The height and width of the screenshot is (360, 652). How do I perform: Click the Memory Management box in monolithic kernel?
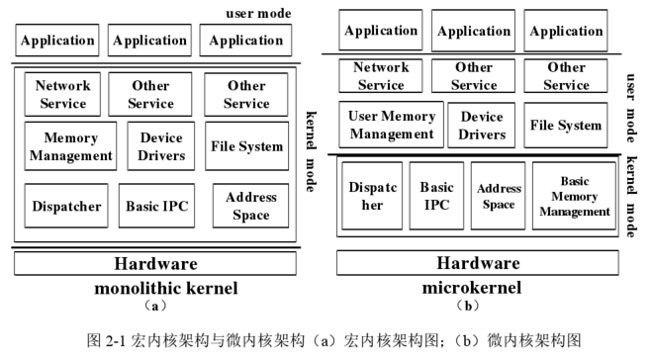click(x=70, y=146)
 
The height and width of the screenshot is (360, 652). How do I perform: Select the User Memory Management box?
click(x=391, y=125)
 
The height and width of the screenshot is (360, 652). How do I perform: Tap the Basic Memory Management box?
click(x=574, y=196)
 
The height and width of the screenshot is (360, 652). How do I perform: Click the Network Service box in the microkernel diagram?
click(x=381, y=76)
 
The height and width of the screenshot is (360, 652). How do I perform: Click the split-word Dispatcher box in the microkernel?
click(x=372, y=196)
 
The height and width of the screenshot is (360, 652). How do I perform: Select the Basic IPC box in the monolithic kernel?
click(x=157, y=207)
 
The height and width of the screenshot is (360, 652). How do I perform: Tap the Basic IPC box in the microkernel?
click(x=436, y=196)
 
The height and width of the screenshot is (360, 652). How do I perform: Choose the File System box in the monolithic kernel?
click(x=246, y=146)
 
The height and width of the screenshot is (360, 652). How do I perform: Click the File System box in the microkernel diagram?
click(x=566, y=125)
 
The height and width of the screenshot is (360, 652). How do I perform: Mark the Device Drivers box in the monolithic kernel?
click(x=161, y=146)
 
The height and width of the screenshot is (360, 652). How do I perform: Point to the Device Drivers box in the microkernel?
click(x=482, y=125)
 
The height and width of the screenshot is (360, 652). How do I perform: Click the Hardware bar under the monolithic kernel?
click(x=155, y=264)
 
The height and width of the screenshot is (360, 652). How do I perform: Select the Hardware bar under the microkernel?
click(x=478, y=263)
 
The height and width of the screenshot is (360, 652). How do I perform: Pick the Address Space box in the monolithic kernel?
click(x=250, y=207)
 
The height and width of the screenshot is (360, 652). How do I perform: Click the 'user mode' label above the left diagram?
click(x=259, y=13)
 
